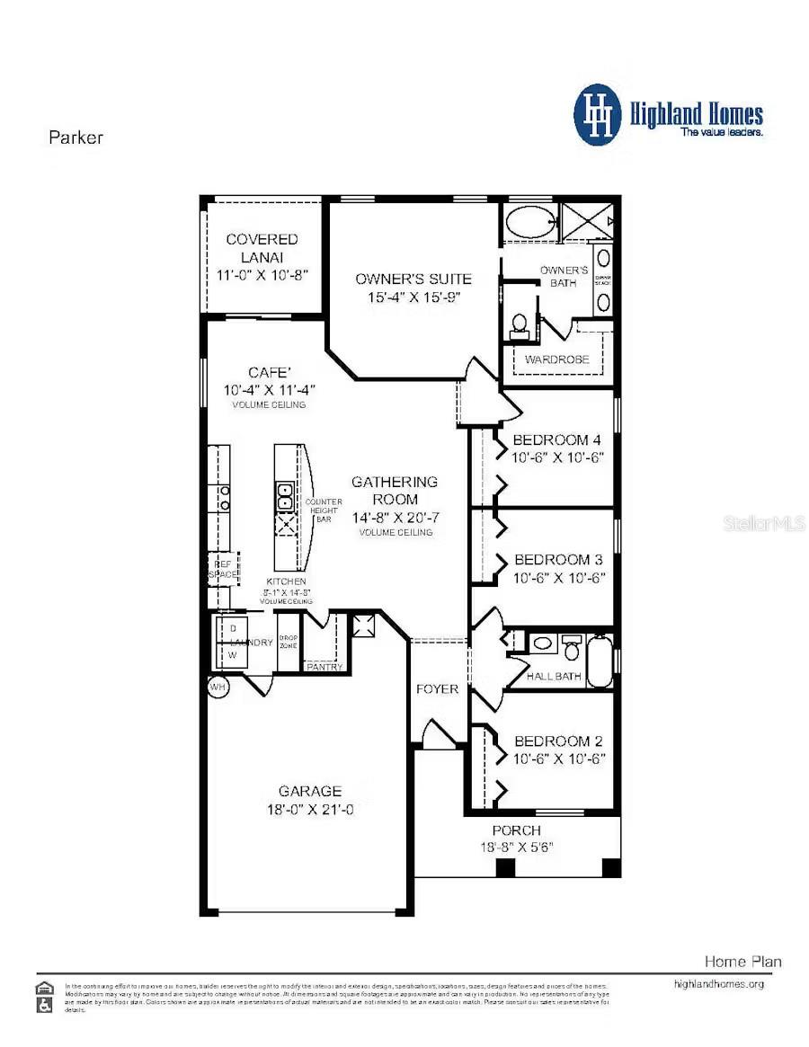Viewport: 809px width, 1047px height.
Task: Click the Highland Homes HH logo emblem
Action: click(598, 115)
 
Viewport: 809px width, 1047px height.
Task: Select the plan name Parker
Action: click(76, 138)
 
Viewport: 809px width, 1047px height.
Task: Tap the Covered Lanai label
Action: click(262, 249)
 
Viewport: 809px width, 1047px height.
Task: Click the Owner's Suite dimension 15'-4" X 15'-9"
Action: click(413, 297)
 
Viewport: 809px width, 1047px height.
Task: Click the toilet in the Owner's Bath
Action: click(519, 324)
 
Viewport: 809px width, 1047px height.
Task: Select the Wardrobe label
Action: click(557, 359)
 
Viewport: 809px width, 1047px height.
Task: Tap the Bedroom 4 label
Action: click(556, 440)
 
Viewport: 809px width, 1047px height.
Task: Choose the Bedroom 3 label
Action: click(557, 559)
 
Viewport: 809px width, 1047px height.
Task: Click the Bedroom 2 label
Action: click(558, 741)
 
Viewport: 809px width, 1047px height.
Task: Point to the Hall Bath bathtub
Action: click(600, 661)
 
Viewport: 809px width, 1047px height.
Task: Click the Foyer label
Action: click(438, 689)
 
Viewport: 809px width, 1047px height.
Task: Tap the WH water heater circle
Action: click(218, 687)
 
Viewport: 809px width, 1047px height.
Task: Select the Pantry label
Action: click(324, 667)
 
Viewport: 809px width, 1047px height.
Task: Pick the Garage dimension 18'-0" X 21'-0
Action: click(310, 809)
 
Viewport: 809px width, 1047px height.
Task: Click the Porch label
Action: click(516, 830)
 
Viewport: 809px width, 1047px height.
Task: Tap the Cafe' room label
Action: click(269, 372)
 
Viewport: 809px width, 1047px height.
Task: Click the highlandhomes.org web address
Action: click(718, 984)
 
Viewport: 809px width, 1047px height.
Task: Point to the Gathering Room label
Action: click(395, 490)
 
